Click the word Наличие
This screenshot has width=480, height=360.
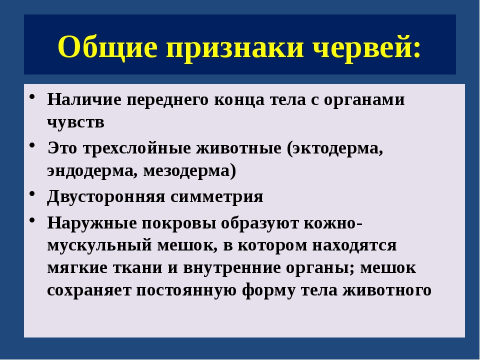click(84, 99)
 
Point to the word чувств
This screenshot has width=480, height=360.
click(75, 122)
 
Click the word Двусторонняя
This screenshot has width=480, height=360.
click(106, 196)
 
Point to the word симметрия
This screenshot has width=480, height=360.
click(216, 197)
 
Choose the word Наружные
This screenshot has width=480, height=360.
click(92, 223)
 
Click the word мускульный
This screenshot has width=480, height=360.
click(99, 245)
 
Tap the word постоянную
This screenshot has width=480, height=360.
click(186, 290)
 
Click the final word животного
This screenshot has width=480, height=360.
click(386, 290)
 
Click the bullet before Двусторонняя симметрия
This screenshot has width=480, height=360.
click(32, 194)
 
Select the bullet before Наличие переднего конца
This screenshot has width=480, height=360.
click(32, 97)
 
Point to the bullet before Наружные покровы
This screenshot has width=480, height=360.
click(32, 220)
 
